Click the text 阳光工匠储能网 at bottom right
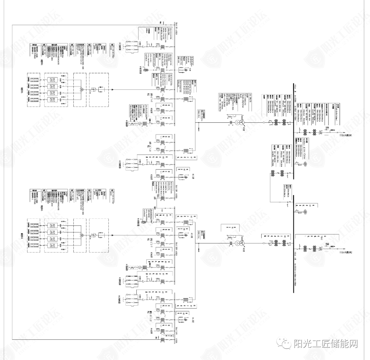pyautogui.click(x=326, y=343)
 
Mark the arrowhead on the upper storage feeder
pyautogui.click(x=112, y=90)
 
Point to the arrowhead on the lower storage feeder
pyautogui.click(x=112, y=235)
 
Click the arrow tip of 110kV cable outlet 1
pyautogui.click(x=343, y=132)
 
